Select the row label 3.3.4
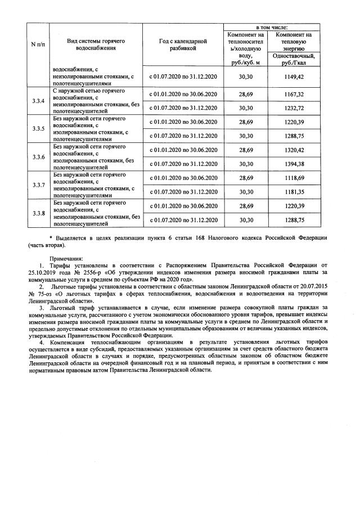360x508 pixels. [x=39, y=101]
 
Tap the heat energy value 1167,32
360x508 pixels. [x=293, y=95]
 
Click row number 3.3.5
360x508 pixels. [x=39, y=128]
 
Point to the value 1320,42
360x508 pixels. [x=293, y=150]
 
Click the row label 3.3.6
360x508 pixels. [x=39, y=157]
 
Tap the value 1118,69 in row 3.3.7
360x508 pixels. [x=293, y=178]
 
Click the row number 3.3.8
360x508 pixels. [x=39, y=213]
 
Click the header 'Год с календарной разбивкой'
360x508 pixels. [x=183, y=45]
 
